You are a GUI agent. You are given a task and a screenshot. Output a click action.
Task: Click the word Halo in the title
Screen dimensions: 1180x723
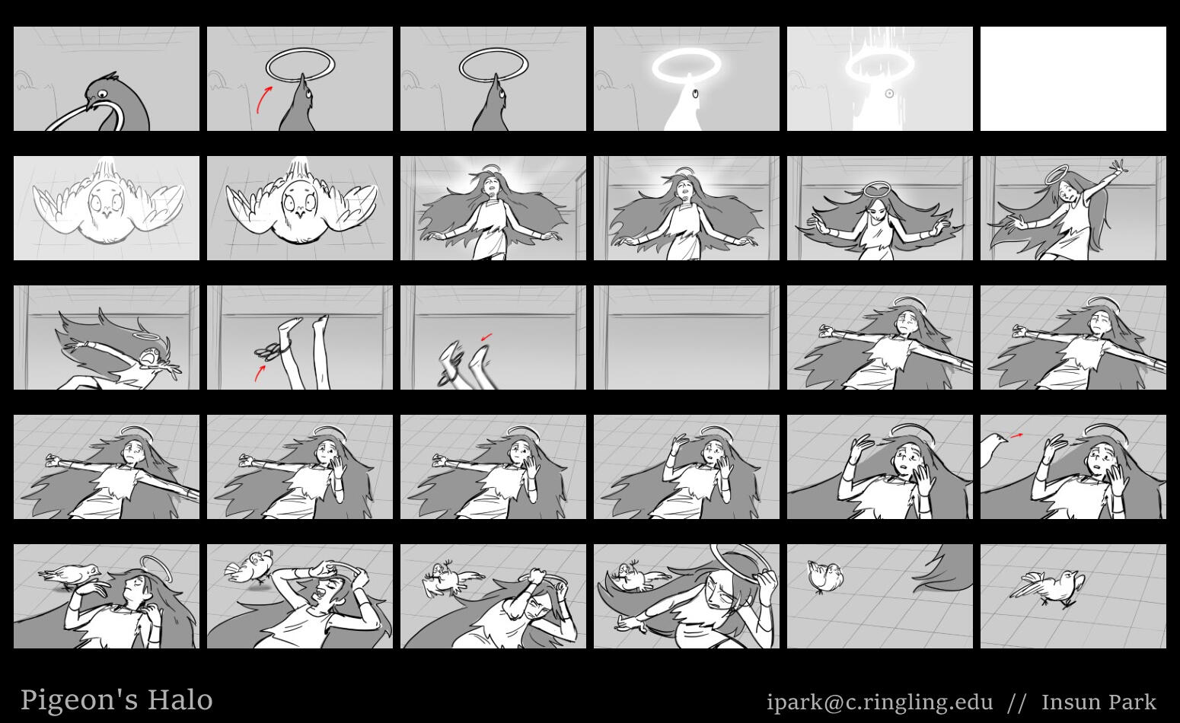point(180,700)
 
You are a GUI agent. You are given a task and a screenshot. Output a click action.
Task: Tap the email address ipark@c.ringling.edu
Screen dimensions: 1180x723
point(879,702)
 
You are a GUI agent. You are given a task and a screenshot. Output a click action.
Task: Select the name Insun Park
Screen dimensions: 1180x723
point(1099,702)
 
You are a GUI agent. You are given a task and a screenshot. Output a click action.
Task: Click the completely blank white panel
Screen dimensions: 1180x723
point(1073,79)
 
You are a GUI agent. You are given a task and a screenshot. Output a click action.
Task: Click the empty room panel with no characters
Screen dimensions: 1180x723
point(687,338)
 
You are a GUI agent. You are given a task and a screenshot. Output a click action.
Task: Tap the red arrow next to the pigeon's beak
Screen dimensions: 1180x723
point(1016,435)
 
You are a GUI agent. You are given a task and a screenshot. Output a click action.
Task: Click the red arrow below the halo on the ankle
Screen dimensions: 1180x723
point(259,374)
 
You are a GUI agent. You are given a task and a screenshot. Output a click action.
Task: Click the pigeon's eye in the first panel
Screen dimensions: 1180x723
point(101,94)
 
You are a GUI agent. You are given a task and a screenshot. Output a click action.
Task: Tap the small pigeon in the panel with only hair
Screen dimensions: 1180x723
point(825,576)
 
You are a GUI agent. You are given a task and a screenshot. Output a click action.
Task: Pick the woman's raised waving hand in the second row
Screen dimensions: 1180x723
point(1118,169)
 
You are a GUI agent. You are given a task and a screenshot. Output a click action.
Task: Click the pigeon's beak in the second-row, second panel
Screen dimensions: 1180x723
point(300,215)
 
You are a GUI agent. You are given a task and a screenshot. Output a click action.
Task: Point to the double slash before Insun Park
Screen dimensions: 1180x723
point(1016,703)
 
